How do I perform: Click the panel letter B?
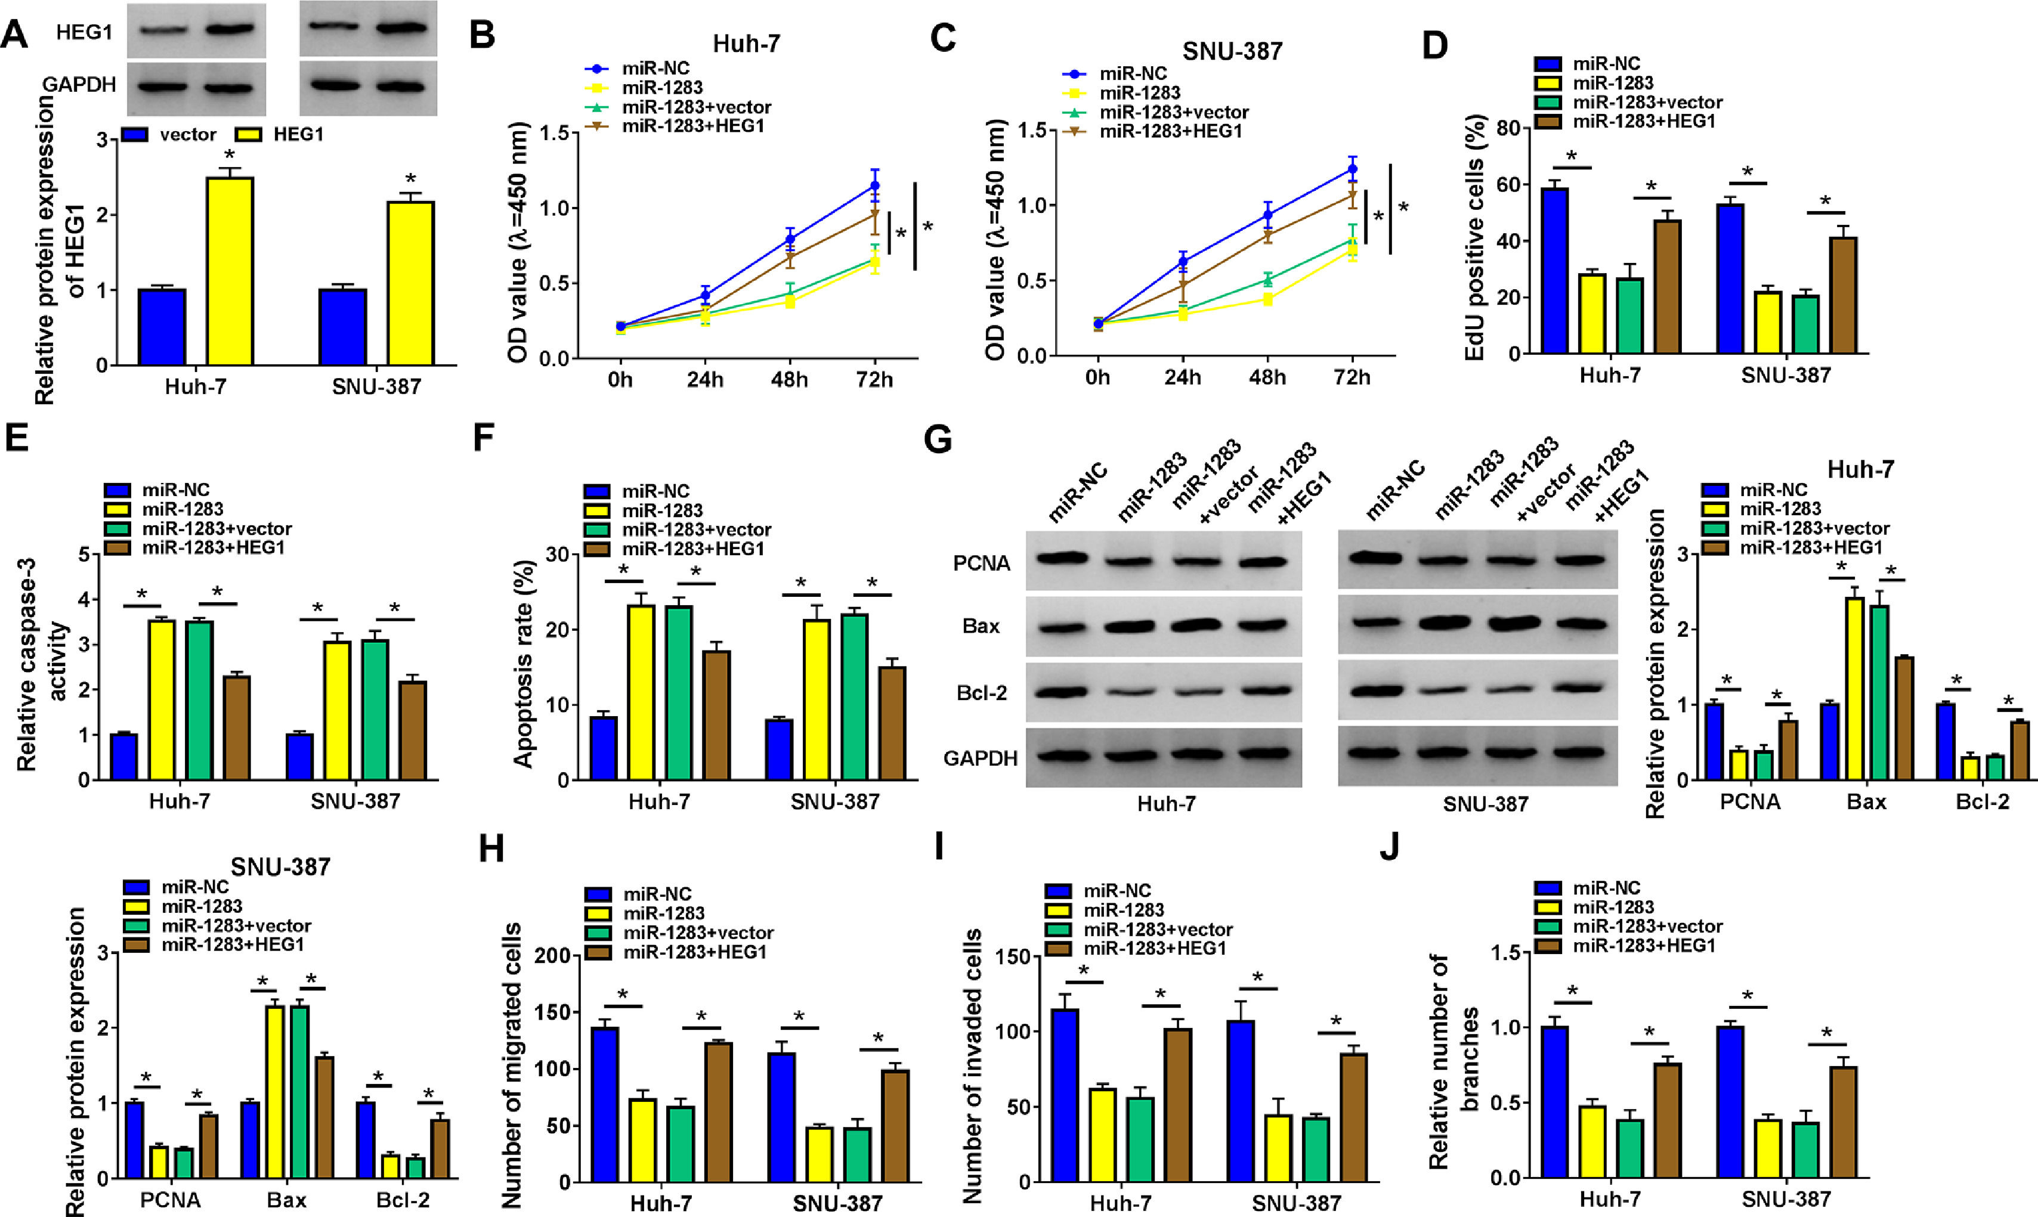click(483, 37)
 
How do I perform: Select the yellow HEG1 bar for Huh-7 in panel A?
click(230, 271)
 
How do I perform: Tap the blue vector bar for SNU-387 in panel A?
click(343, 326)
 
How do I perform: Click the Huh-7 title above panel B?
click(746, 44)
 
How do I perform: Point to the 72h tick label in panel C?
click(1352, 377)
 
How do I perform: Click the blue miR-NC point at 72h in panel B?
click(874, 186)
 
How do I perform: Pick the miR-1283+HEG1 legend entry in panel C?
click(1170, 131)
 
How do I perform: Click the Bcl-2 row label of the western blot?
click(982, 693)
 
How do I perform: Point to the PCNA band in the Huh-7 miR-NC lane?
click(1062, 559)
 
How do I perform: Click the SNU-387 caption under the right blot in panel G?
click(1485, 804)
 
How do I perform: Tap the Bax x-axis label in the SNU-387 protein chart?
click(286, 1200)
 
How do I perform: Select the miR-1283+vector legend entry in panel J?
click(1647, 927)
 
